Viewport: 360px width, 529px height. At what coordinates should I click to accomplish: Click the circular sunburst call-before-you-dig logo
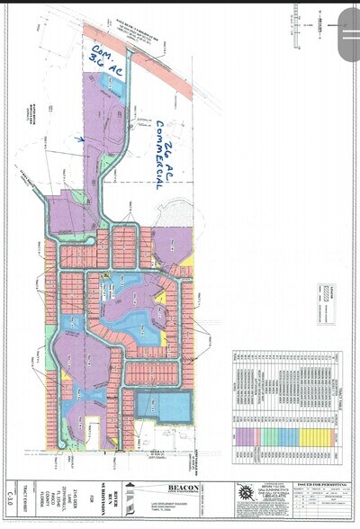244,497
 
